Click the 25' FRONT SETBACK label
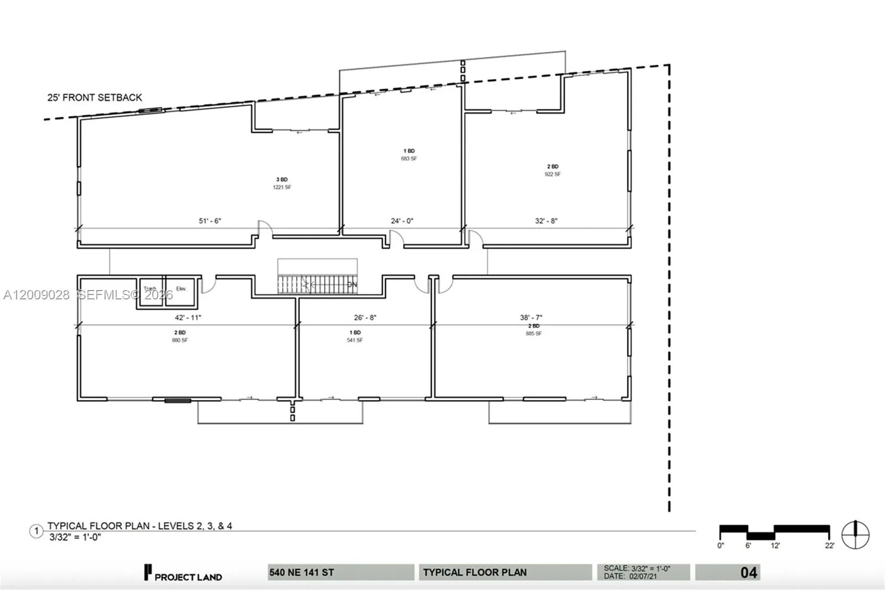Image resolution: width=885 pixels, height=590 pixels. click(x=95, y=97)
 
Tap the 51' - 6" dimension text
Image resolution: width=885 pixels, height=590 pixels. click(x=210, y=221)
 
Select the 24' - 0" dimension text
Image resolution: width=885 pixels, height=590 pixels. click(x=402, y=221)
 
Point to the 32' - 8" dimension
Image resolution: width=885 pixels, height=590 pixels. click(x=546, y=221)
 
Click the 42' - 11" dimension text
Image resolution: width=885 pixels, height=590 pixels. click(x=188, y=318)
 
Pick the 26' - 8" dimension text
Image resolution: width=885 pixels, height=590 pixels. click(x=365, y=318)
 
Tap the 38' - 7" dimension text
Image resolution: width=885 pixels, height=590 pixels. click(x=531, y=318)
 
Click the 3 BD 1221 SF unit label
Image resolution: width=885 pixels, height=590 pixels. click(x=282, y=183)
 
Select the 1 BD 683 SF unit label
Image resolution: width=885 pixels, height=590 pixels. click(x=409, y=154)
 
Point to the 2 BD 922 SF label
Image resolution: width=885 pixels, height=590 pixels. click(x=553, y=170)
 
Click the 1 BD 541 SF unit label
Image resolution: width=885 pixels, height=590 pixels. click(x=355, y=336)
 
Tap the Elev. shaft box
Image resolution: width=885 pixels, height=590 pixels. click(x=181, y=292)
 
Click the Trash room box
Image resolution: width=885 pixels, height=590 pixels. click(x=150, y=292)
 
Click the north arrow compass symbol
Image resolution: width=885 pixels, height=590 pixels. click(x=855, y=535)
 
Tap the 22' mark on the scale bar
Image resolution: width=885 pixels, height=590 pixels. click(x=829, y=545)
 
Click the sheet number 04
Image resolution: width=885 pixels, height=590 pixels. click(x=748, y=572)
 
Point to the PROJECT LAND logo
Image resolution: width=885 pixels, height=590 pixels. click(x=183, y=573)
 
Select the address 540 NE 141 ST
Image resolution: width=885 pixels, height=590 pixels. click(x=302, y=572)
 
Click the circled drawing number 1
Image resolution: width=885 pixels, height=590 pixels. click(x=37, y=531)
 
